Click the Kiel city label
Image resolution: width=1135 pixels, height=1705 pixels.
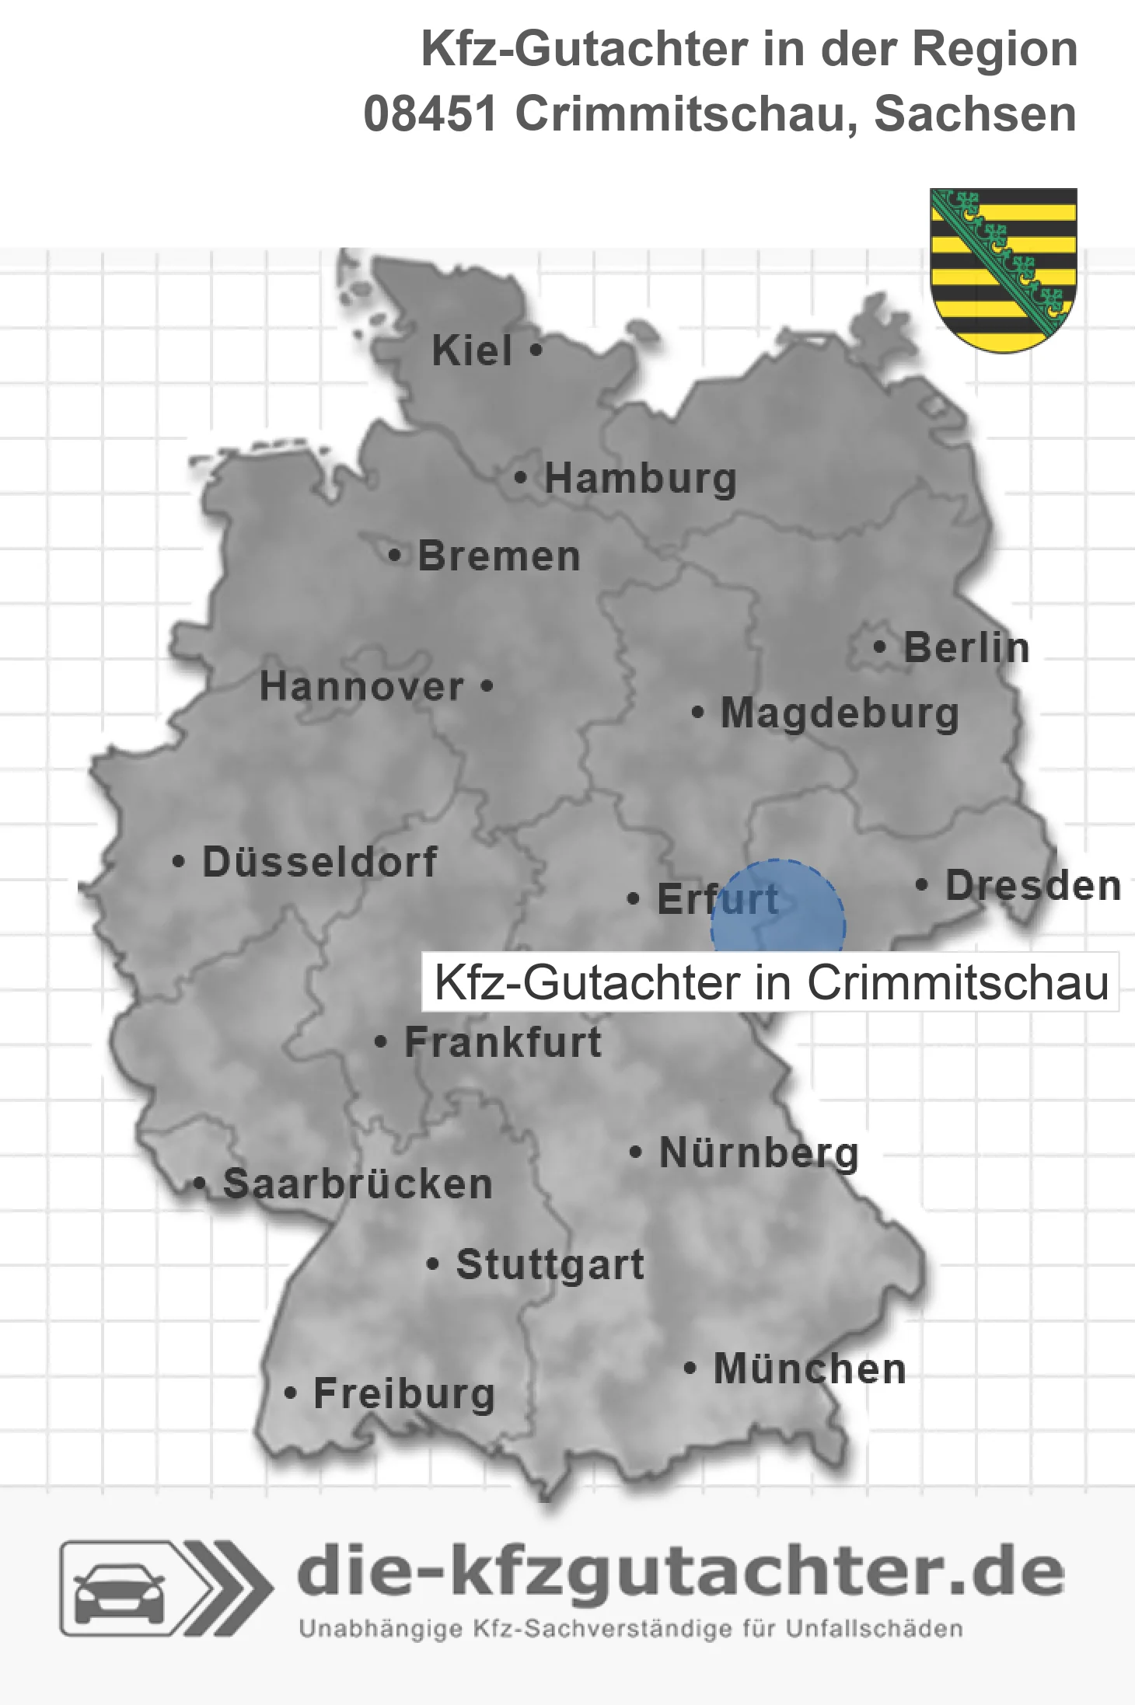coord(471,350)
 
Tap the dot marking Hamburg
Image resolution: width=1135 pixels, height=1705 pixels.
coord(521,478)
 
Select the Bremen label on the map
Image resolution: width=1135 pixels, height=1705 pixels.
coord(498,556)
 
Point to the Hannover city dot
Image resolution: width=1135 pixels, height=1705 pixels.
coord(487,686)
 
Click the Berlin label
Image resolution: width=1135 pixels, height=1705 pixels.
coord(966,647)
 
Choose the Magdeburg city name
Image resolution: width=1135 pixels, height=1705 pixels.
coord(840,713)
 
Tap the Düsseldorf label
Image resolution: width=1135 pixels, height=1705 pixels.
coord(320,862)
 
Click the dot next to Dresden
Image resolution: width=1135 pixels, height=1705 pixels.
coord(922,884)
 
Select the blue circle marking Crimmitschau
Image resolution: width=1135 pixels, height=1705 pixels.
coord(778,909)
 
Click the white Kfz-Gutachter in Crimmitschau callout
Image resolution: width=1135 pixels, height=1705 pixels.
coord(770,982)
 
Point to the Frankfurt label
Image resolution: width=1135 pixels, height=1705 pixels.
coord(503,1042)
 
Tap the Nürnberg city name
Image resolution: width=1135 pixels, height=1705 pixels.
coord(759,1152)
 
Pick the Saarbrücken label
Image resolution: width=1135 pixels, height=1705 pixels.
coord(358,1184)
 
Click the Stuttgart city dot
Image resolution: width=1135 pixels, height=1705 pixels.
coord(433,1264)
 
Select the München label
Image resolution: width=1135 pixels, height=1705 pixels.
coord(810,1369)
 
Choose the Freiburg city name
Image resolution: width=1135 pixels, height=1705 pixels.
coord(404,1393)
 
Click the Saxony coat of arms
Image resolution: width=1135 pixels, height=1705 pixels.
coord(1004,269)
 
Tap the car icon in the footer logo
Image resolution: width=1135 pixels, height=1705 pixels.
coord(119,1593)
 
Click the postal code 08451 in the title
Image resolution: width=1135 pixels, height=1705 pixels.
coord(430,114)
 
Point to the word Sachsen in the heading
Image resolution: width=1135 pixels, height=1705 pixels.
coord(976,114)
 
